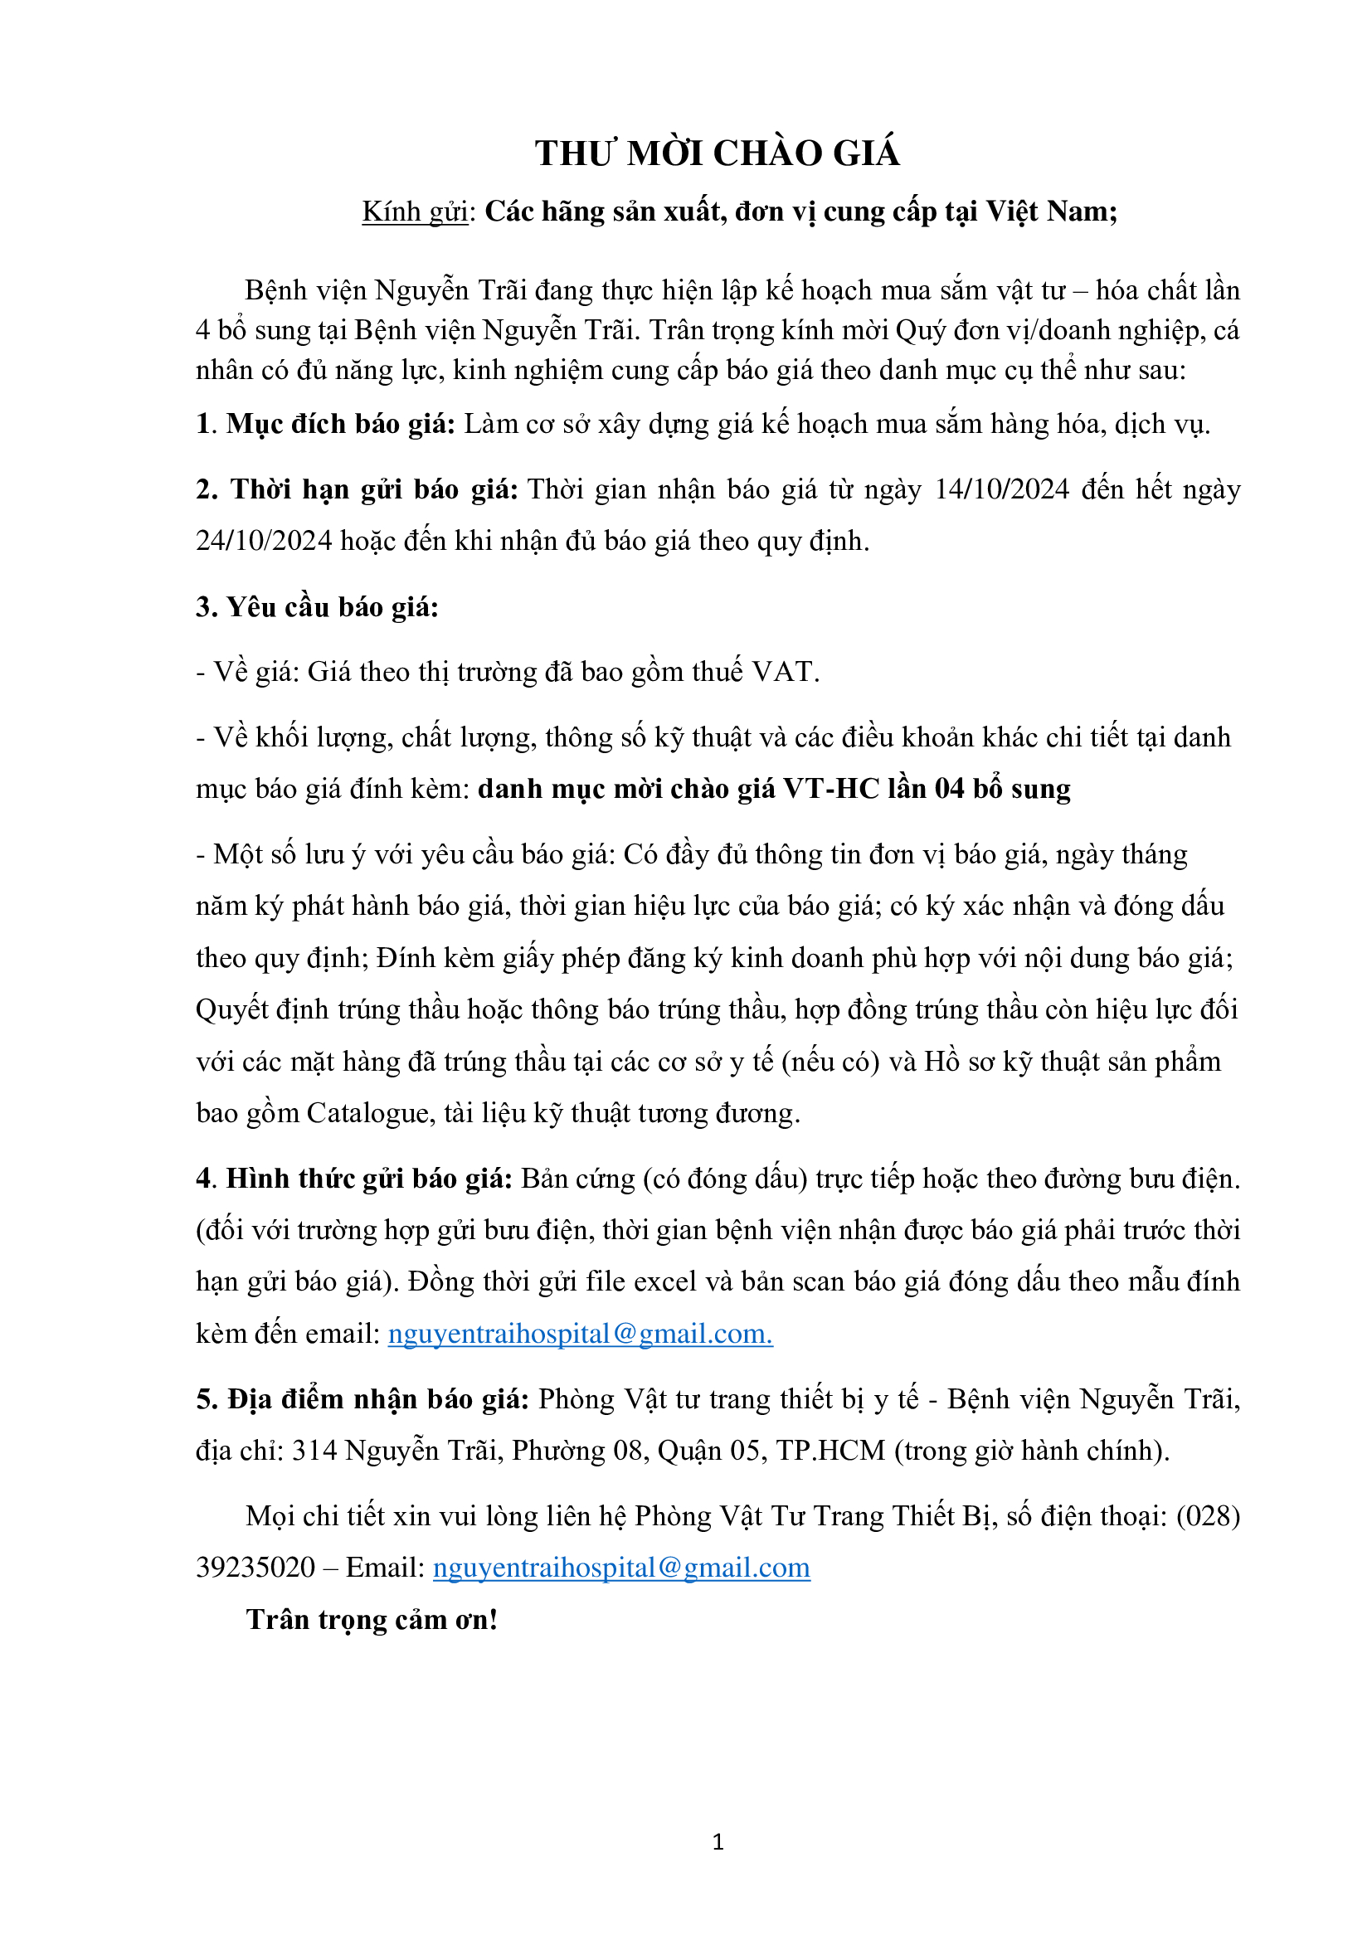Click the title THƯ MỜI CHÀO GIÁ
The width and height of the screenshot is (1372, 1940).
click(x=717, y=153)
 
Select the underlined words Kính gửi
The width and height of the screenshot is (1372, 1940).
click(x=415, y=212)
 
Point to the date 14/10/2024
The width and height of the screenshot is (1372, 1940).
click(x=1002, y=490)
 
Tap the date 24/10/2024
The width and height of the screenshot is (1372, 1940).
click(x=264, y=542)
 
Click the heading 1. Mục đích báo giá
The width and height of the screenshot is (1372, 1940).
click(x=325, y=424)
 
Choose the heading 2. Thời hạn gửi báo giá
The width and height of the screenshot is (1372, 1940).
click(x=357, y=490)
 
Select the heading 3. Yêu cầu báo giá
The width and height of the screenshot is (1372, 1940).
click(x=317, y=607)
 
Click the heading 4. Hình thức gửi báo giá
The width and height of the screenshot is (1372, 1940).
click(x=354, y=1179)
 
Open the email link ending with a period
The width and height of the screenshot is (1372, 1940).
click(x=580, y=1335)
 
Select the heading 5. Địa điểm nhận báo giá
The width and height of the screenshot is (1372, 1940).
click(x=362, y=1400)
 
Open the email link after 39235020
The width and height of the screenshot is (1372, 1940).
click(x=621, y=1568)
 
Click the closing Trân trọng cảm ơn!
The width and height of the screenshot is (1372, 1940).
click(x=372, y=1621)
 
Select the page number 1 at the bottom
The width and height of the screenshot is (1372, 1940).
click(x=718, y=1842)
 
